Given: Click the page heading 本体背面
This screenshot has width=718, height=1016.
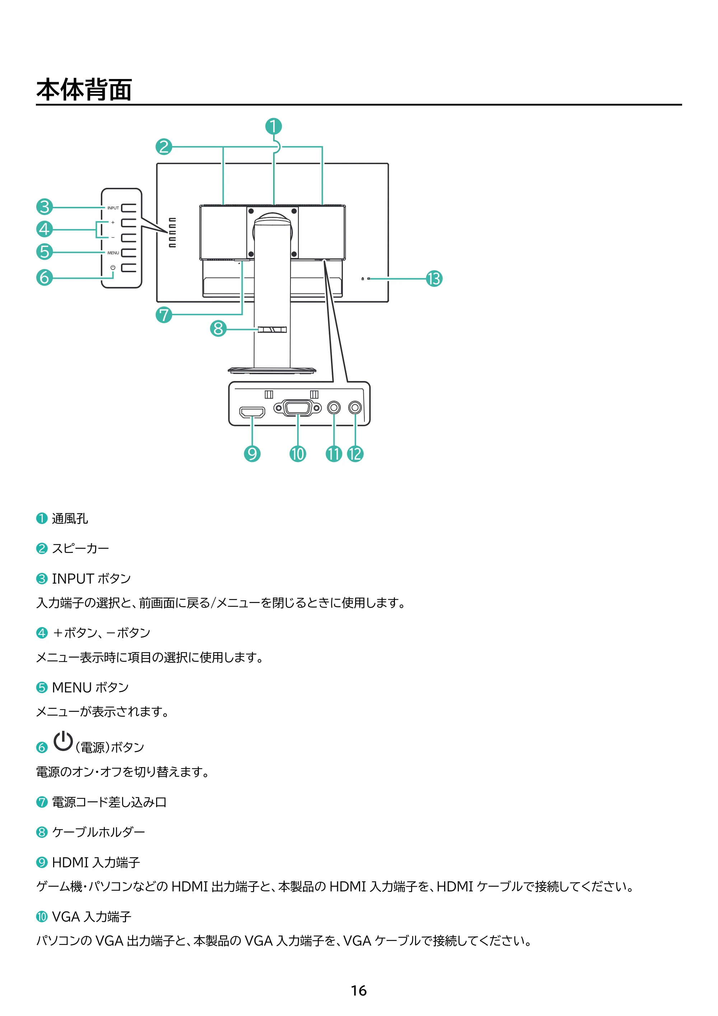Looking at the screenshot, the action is coord(84,89).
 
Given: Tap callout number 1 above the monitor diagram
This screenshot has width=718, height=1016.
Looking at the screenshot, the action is coord(274,126).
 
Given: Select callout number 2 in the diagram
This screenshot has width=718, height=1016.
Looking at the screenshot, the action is coord(164,147).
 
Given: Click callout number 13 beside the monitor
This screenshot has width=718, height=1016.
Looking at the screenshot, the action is coord(434,279).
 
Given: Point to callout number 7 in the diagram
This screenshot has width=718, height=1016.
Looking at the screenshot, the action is coord(164,315).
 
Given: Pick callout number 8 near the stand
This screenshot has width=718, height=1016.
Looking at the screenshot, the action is coord(218,329).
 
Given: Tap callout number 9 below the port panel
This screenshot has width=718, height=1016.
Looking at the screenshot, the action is coord(252,454).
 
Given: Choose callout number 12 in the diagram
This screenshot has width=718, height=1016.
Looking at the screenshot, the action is coord(355,454).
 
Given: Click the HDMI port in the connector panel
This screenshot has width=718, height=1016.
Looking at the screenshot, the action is coord(252,412).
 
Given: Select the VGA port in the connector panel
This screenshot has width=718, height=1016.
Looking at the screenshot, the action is coord(298,408).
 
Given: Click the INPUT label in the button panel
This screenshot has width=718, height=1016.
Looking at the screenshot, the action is coord(113,208).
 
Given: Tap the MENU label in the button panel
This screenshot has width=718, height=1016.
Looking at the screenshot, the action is coord(113,253).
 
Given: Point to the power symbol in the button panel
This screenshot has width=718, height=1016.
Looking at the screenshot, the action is coord(113,268).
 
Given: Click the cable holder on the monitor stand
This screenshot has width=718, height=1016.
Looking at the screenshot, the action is coord(272,330).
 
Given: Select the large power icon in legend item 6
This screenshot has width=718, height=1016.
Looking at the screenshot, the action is coord(63,741).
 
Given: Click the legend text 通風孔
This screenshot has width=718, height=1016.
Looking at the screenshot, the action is coord(70,519).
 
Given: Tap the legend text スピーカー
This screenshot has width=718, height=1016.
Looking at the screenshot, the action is coord(80,549).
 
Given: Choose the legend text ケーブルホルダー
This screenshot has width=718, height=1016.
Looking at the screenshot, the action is coord(99,832).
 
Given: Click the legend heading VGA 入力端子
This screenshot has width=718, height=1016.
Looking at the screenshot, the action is coord(92,917).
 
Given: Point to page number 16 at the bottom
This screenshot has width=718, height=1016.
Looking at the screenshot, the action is coord(359,991).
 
